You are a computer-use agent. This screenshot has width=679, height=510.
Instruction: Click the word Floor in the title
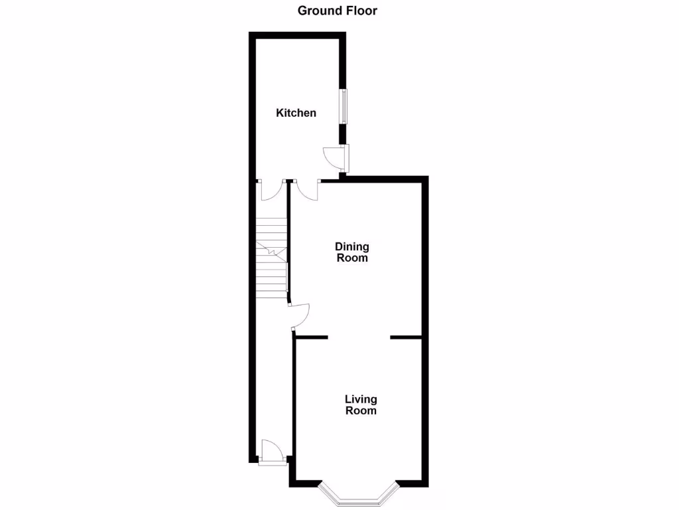pyautogui.click(x=362, y=11)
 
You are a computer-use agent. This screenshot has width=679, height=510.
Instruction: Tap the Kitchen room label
pyautogui.click(x=296, y=113)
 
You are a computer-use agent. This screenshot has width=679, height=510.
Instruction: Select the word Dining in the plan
pyautogui.click(x=351, y=247)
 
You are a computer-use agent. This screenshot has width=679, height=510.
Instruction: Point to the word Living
pyautogui.click(x=361, y=399)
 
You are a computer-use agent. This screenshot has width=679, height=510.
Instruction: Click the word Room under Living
pyautogui.click(x=361, y=410)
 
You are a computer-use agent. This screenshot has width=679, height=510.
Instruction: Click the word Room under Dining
pyautogui.click(x=351, y=258)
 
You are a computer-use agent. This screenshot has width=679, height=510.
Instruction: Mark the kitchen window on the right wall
pyautogui.click(x=343, y=106)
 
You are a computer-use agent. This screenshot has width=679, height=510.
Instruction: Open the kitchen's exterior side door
pyautogui.click(x=336, y=157)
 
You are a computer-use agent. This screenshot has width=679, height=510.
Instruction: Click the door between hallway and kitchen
pyautogui.click(x=271, y=190)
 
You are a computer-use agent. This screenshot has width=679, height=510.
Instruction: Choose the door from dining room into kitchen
pyautogui.click(x=307, y=190)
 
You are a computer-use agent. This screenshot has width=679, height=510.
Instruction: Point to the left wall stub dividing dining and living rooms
pyautogui.click(x=311, y=338)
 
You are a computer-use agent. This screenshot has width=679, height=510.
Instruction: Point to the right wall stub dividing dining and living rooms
pyautogui.click(x=406, y=338)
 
